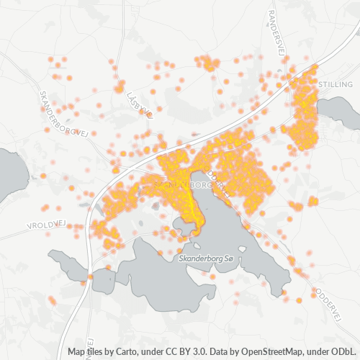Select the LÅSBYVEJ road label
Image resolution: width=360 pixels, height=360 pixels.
coord(139,105)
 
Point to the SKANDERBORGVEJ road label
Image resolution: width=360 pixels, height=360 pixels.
coord(64,116)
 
